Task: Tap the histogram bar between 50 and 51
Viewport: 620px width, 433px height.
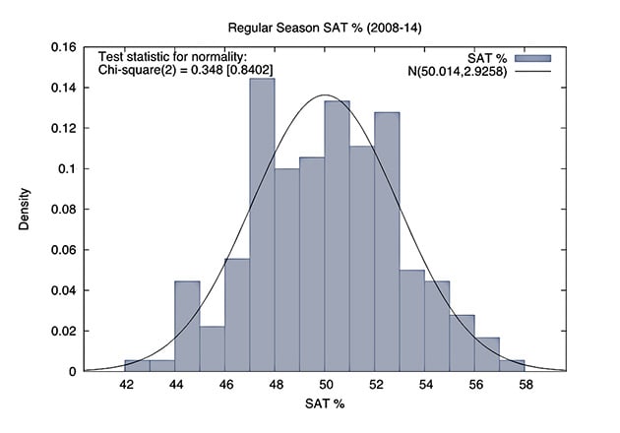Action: point(337,236)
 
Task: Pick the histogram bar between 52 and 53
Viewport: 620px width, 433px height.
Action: point(387,241)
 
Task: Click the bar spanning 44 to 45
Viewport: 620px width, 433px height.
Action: point(187,326)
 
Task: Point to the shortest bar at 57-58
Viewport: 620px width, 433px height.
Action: point(512,365)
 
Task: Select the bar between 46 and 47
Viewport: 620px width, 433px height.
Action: point(237,315)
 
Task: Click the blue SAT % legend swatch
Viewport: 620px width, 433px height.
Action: point(531,57)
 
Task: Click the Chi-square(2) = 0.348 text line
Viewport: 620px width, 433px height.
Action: point(186,70)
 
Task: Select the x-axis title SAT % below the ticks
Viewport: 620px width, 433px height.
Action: point(324,404)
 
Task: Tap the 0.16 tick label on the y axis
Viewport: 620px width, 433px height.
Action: point(62,47)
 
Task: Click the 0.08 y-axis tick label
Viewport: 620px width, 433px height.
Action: point(62,210)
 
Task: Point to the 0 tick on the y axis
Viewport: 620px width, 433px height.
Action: point(70,371)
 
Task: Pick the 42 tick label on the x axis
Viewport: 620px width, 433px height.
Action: point(126,385)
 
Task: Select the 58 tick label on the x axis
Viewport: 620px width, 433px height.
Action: point(524,385)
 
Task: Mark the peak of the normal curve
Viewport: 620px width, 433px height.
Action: point(325,95)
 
